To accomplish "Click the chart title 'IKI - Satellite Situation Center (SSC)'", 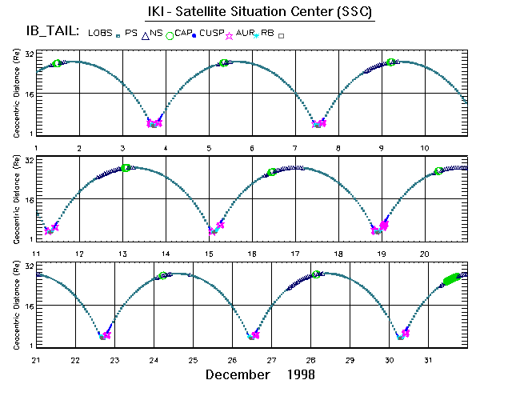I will pyautogui.click(x=261, y=12).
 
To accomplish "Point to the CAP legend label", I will pyautogui.click(x=180, y=32).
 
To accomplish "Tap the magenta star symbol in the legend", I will pyautogui.click(x=232, y=35).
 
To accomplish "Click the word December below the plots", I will pyautogui.click(x=238, y=374).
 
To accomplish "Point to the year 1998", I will pyautogui.click(x=299, y=374).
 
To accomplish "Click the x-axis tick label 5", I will pyautogui.click(x=210, y=148).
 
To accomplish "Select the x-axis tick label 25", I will pyautogui.click(x=193, y=359).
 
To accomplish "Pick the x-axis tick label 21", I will pyautogui.click(x=36, y=359).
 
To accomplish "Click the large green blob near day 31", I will pyautogui.click(x=451, y=278).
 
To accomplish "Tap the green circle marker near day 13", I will pyautogui.click(x=126, y=168).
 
